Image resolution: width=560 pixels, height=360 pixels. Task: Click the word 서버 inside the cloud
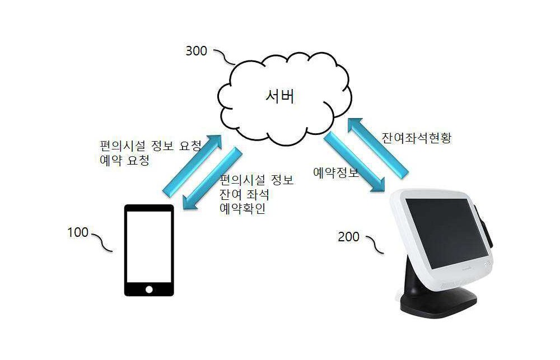click(281, 96)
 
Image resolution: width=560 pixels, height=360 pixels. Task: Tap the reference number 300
click(196, 51)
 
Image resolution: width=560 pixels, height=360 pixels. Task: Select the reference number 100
click(78, 232)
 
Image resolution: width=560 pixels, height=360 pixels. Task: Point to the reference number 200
click(348, 237)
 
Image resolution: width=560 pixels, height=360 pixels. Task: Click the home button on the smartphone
click(149, 289)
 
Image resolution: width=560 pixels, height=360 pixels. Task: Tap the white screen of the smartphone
click(149, 247)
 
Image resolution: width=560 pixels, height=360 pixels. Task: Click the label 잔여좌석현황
click(417, 138)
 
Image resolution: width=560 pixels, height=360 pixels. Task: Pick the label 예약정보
click(335, 172)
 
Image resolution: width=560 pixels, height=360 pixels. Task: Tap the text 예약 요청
click(125, 160)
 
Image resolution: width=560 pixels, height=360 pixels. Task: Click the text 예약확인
click(242, 209)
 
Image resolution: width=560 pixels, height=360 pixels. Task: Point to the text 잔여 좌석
click(244, 194)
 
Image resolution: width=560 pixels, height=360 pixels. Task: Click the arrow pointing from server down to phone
click(212, 178)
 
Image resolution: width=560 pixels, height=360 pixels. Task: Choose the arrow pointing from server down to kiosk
click(354, 162)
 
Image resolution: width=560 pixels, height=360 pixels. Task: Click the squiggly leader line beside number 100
click(102, 242)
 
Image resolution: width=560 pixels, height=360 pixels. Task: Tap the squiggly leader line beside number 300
click(225, 57)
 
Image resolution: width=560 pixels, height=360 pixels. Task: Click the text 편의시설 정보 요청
click(151, 146)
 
